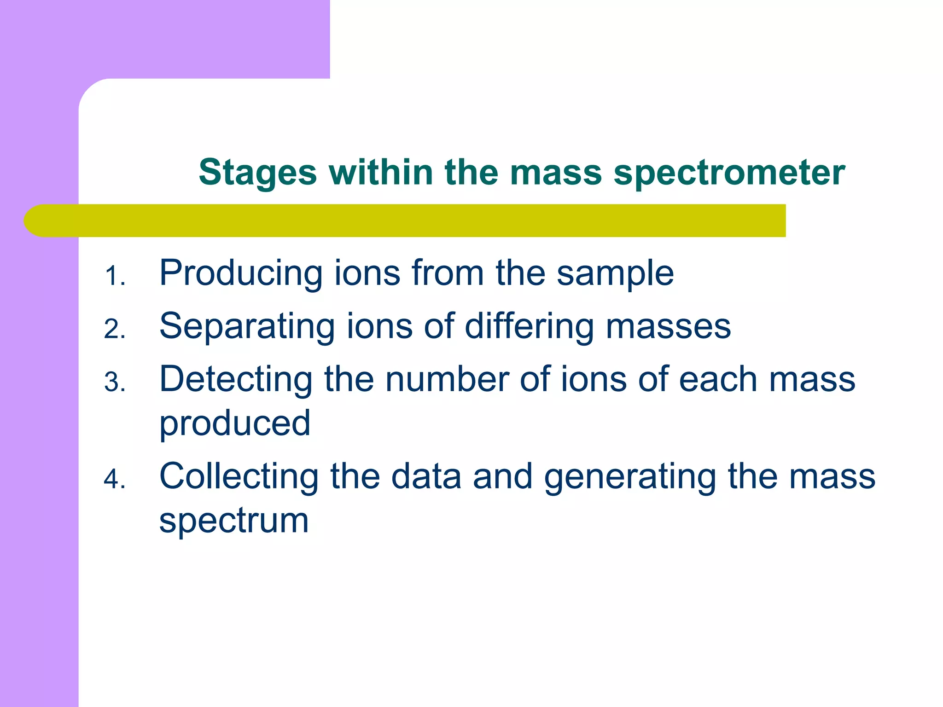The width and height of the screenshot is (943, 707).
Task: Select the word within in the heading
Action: (x=381, y=172)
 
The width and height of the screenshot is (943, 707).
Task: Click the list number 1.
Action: (x=114, y=277)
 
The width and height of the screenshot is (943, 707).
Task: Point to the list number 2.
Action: (x=114, y=330)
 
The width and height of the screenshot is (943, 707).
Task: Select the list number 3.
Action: (x=114, y=382)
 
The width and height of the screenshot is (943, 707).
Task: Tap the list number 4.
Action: (x=114, y=480)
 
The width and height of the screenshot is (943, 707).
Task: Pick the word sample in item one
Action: (x=615, y=274)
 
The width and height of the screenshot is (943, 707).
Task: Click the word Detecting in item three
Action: (x=236, y=380)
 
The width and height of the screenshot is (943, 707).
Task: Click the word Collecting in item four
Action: (x=239, y=477)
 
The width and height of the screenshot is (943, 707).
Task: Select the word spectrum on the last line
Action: (x=234, y=521)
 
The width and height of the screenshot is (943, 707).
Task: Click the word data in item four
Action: (x=426, y=477)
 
